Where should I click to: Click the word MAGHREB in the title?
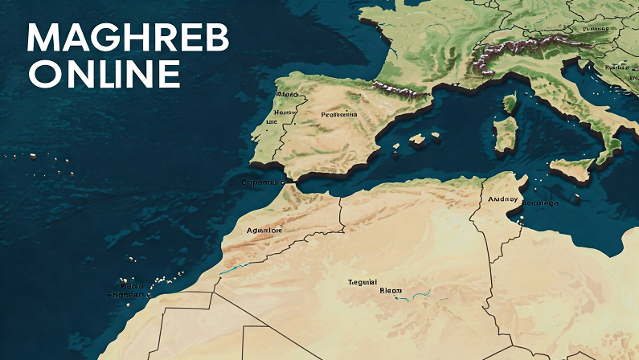point(128,39)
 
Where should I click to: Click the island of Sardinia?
point(505,132)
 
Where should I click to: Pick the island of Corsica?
point(509,103)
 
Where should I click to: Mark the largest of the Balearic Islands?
point(416,138)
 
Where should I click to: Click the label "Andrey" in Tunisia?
point(504,198)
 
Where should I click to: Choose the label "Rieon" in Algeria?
point(391,291)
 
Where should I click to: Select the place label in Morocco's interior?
point(264,230)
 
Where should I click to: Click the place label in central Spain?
point(338,114)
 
